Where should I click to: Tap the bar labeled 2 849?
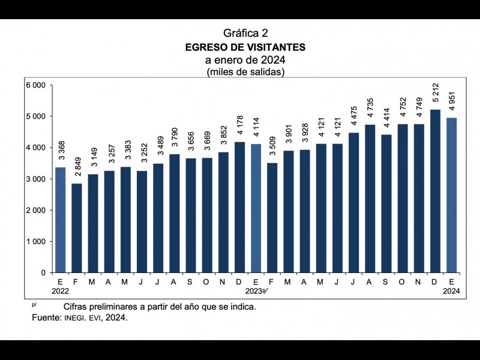(77, 228)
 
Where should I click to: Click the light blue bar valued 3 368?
(61, 220)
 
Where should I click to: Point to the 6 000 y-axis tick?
(36, 85)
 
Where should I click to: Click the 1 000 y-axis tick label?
(36, 242)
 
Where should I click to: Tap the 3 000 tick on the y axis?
(36, 179)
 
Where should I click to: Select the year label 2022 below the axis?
(61, 291)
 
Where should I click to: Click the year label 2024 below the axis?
(452, 291)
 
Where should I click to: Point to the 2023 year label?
(254, 291)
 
